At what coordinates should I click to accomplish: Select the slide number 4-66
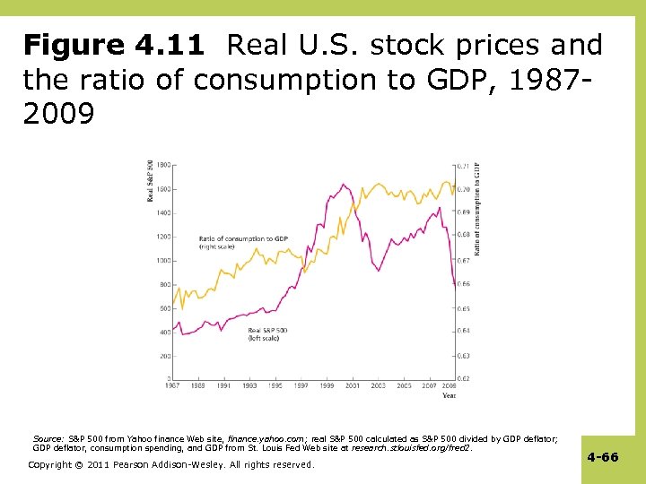click(602, 457)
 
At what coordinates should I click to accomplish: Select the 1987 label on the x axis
click(173, 386)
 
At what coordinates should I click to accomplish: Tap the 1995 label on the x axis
click(274, 386)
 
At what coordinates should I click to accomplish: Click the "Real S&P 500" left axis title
click(150, 180)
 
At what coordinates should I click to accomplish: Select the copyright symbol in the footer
click(71, 464)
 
